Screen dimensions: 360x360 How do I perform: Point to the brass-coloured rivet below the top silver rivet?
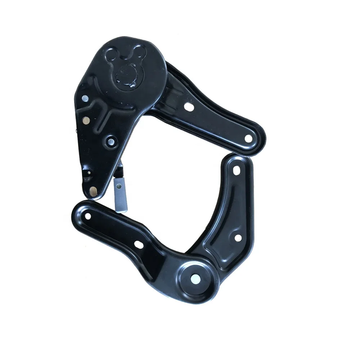86,121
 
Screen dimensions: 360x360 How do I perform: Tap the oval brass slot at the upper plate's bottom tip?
94,192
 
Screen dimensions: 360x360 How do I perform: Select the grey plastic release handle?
120,195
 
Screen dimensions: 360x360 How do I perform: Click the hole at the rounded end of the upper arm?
248,138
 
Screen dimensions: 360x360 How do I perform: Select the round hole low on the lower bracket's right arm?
237,238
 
